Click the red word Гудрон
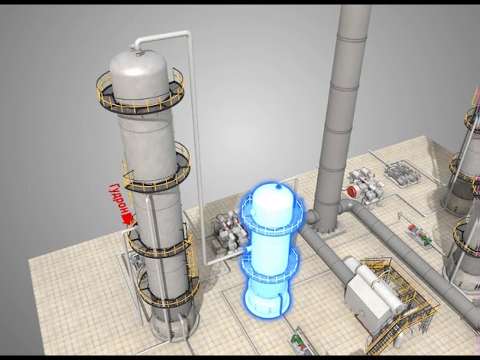(x=118, y=199)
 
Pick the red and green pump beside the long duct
(x=420, y=234)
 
